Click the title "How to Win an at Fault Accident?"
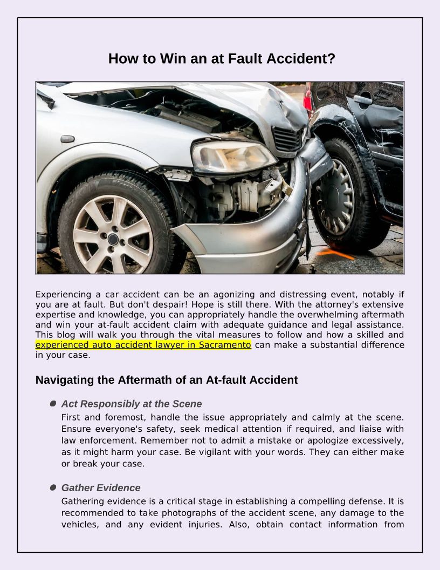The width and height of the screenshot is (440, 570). coord(222,58)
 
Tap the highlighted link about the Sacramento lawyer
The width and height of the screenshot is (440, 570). coord(143,344)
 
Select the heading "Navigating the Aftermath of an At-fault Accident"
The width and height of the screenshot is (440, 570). coord(167,380)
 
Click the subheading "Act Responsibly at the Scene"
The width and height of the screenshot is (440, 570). coord(132,404)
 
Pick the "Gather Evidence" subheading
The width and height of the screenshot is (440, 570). coord(101,488)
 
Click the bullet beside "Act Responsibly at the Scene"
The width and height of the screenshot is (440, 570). coord(53,404)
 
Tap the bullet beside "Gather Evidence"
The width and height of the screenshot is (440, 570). coord(53,487)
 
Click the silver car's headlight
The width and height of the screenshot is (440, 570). coord(233,157)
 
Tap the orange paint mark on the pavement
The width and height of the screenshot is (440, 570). coord(335,253)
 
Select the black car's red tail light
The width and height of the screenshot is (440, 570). coord(308,97)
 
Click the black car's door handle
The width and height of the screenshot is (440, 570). coord(362,99)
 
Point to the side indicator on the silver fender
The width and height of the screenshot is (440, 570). coord(67,139)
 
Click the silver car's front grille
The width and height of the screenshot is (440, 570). coord(288,138)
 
